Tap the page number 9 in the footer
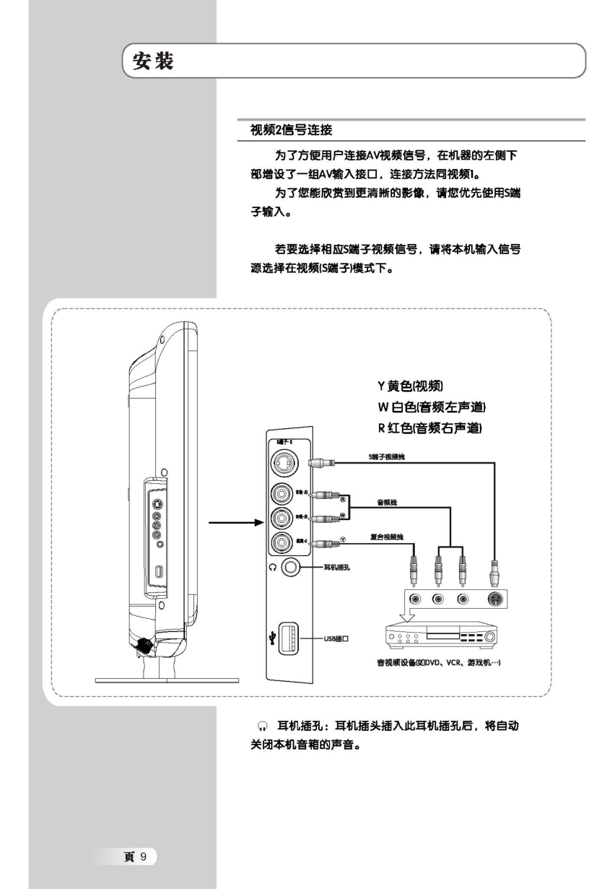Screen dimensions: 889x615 [143, 857]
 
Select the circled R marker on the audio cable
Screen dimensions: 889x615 [344, 498]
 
